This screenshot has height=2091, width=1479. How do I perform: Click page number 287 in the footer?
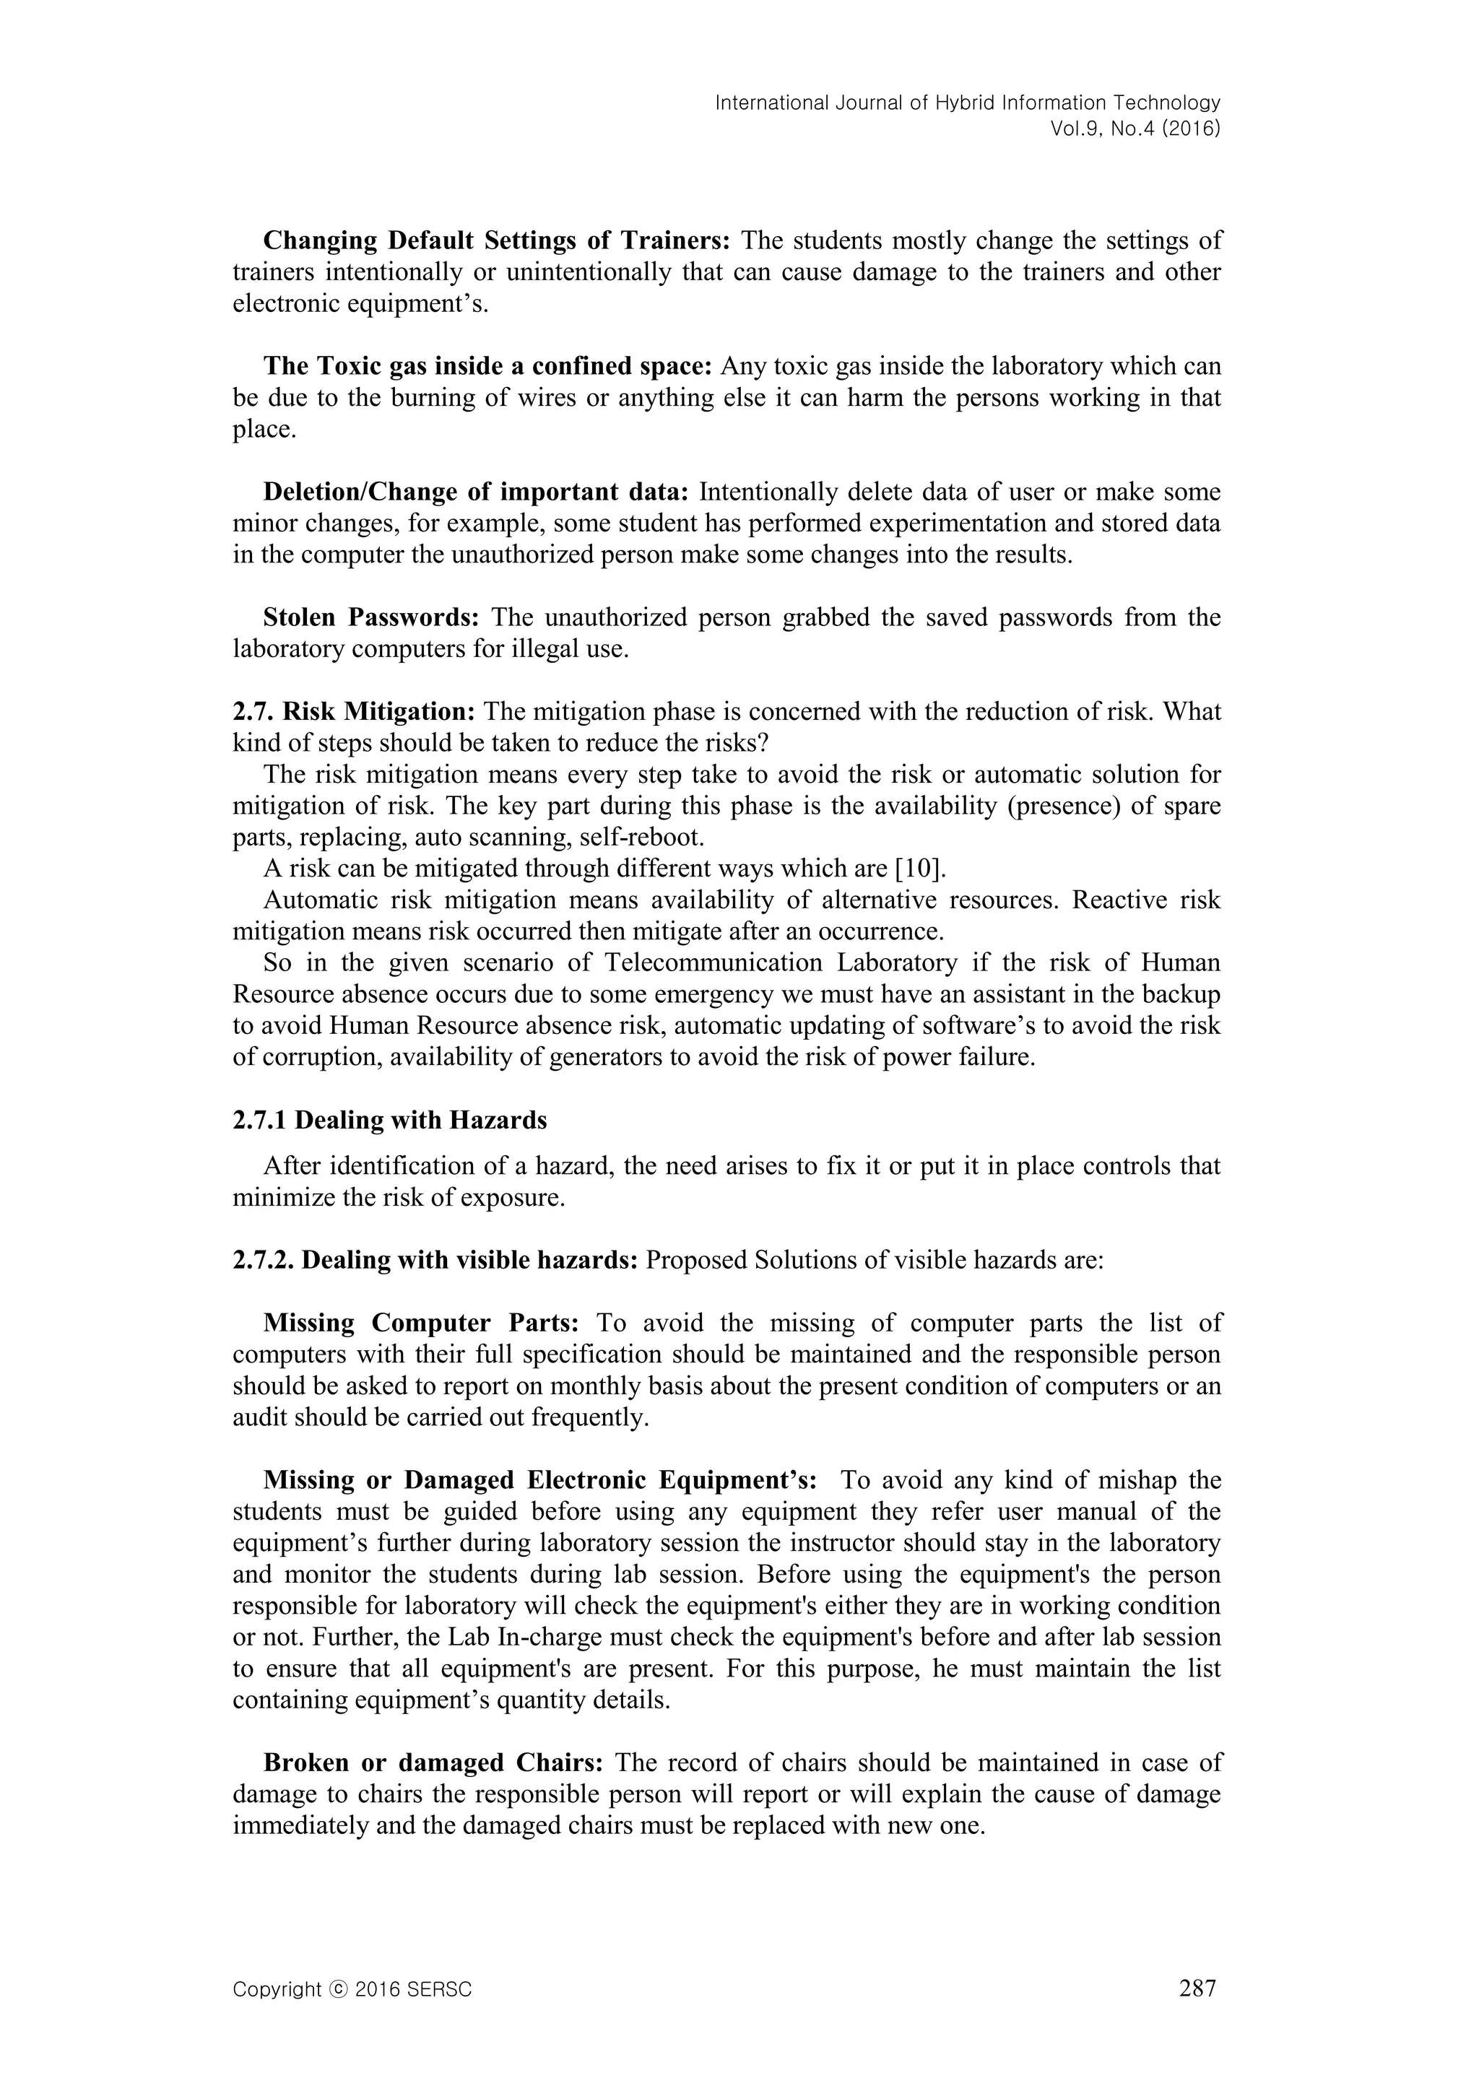coord(1197,1989)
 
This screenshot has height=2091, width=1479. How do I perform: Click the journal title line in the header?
coord(967,103)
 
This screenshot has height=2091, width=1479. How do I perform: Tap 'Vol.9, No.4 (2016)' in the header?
coord(1135,129)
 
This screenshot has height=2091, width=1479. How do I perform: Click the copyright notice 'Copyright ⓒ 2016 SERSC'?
coord(352,1990)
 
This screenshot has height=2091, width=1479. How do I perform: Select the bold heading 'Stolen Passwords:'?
coord(370,617)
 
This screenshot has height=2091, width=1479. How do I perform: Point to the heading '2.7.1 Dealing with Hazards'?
coord(390,1120)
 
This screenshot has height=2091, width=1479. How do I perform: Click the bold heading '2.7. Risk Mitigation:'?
coord(355,712)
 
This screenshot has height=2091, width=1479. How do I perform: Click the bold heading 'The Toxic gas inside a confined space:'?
coord(487,367)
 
